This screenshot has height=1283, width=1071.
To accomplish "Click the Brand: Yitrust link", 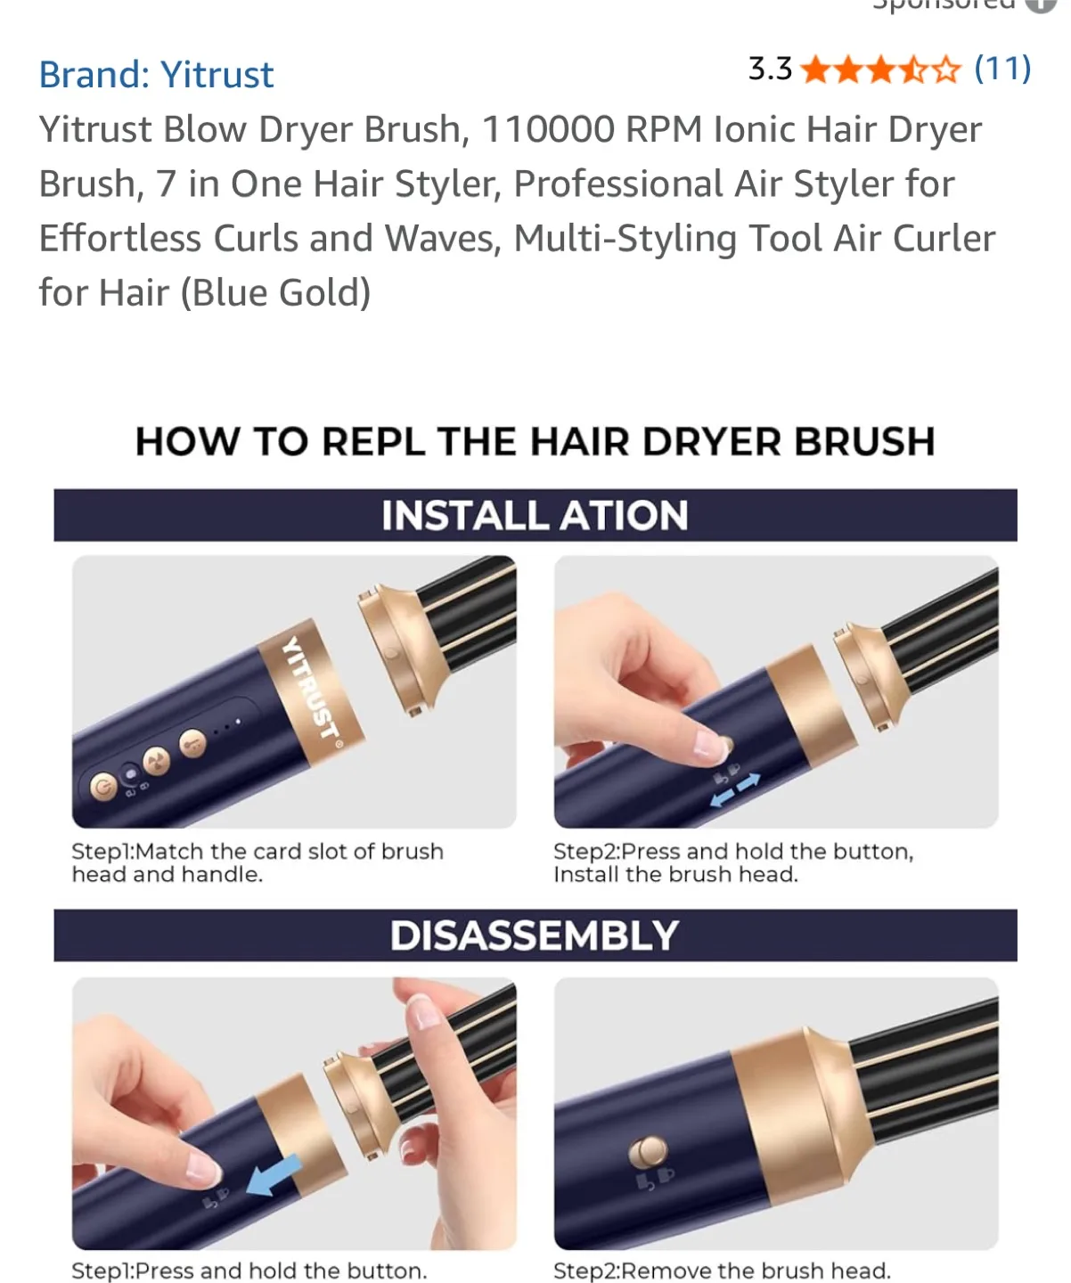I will (x=156, y=75).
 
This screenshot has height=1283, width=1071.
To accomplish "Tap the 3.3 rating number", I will (x=770, y=69).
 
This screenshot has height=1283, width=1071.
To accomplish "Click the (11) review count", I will (x=1002, y=69).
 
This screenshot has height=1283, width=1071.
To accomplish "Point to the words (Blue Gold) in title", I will (x=275, y=293).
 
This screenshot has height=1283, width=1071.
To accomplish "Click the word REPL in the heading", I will (x=372, y=442).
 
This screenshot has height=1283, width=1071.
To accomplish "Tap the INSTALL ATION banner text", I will (x=535, y=516).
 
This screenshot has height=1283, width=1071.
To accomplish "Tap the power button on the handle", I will (x=103, y=788).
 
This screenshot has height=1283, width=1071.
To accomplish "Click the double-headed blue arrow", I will (x=735, y=789).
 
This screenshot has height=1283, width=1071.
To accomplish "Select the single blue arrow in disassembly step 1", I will (x=273, y=1175).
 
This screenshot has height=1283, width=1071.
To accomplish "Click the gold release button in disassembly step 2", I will (x=648, y=1152).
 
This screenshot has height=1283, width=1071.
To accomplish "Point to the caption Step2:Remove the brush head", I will (x=722, y=1271).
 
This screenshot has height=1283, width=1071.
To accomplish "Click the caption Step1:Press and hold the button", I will (x=249, y=1271).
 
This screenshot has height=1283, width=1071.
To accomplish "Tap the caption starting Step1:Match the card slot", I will (x=257, y=862).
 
